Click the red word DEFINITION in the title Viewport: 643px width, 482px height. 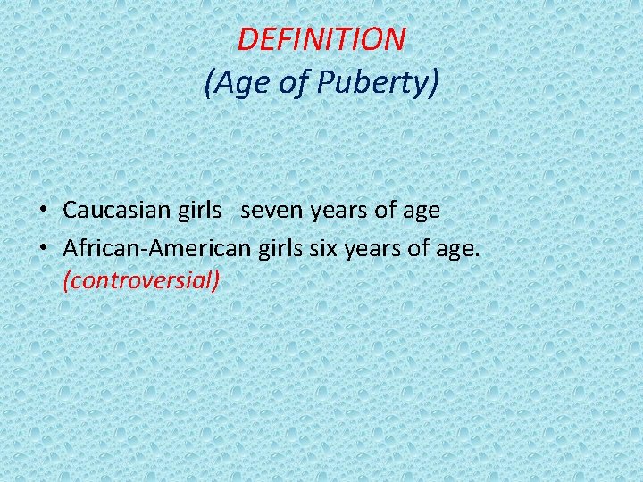(321, 38)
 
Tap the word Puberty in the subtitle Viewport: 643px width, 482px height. (383, 83)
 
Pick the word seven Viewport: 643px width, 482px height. (271, 211)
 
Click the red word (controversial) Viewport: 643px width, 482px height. (141, 280)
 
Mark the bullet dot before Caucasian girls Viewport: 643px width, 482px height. (43, 212)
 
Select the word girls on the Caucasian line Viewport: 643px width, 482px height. (198, 211)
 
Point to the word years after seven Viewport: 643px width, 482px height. (336, 212)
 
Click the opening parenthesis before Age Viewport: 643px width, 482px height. (209, 83)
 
